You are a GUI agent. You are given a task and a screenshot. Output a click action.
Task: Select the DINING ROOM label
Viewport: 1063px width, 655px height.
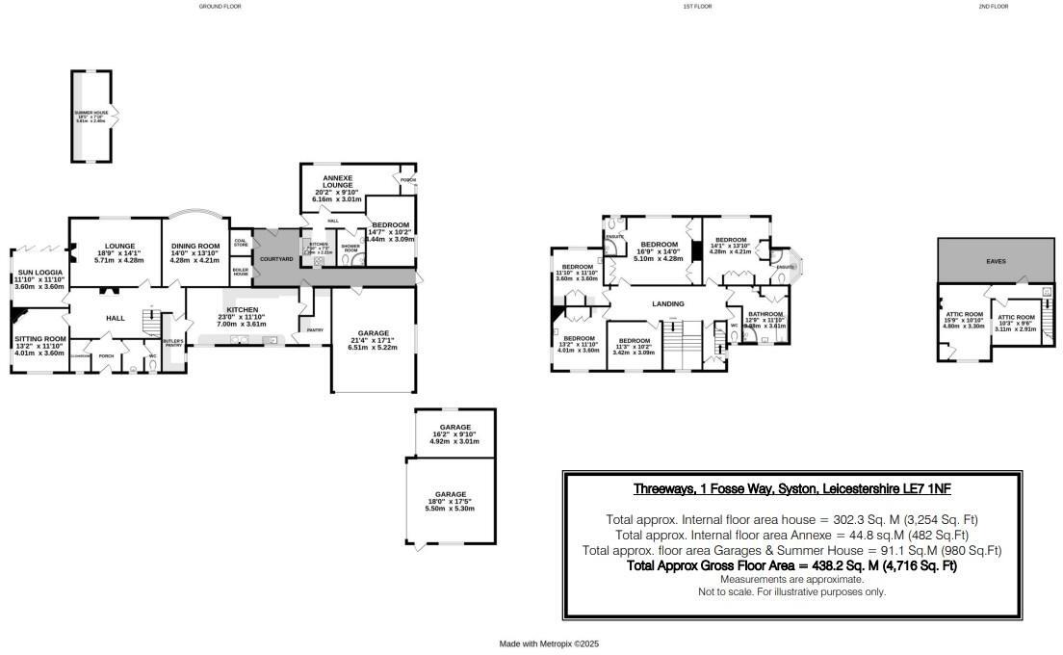coord(194,246)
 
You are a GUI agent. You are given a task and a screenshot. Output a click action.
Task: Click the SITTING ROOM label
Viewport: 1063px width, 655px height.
coord(39,339)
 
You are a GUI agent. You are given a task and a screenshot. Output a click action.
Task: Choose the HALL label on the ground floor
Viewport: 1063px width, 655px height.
coord(116,317)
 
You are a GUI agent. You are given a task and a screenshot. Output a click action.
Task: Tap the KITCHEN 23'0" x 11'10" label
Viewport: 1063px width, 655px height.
coord(243,310)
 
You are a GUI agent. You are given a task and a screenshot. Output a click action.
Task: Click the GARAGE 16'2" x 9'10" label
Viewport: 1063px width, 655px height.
coord(454,427)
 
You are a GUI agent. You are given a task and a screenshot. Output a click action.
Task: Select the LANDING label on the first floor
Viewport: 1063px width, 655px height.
coord(668,303)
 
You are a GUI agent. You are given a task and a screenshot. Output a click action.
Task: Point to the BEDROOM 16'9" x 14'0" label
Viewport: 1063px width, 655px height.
coord(660,245)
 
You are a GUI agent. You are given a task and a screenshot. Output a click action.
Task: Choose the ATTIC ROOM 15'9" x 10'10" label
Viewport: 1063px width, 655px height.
coord(963,314)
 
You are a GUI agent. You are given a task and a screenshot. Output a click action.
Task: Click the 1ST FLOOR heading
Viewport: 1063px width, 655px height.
coord(697,7)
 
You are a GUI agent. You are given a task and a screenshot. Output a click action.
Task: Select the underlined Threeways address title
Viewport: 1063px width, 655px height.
coord(791,488)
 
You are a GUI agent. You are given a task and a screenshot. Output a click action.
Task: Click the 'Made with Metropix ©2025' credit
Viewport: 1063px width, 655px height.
coord(549,643)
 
